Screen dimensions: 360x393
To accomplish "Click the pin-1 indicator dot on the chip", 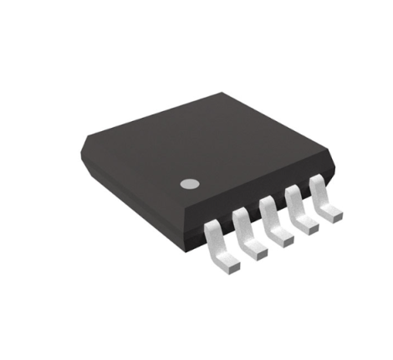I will pos(190,182).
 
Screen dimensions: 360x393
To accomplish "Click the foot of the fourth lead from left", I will pos(309,226).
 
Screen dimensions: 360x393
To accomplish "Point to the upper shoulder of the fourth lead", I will pos(293,192).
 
